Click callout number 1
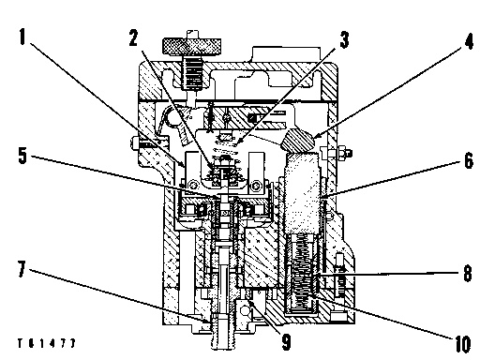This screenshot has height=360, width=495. point(22,41)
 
